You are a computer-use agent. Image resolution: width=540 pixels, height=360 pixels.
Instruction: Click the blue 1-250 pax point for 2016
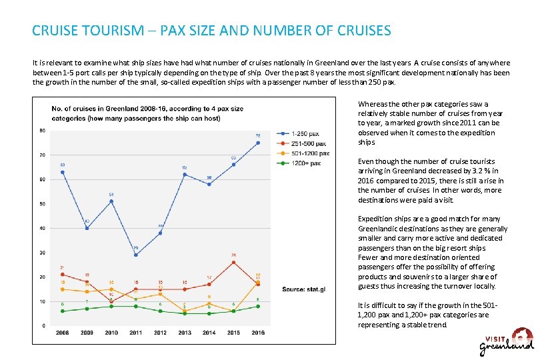coord(258,143)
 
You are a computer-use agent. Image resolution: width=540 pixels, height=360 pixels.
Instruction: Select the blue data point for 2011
coord(136,255)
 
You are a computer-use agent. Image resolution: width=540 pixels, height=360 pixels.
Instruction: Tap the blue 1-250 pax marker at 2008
coord(63,172)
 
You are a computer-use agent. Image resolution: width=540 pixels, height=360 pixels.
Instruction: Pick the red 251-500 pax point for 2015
coord(233,262)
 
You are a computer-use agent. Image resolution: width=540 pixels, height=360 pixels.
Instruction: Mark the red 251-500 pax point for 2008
coord(63,274)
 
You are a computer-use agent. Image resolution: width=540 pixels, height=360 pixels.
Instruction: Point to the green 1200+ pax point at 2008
coord(63,311)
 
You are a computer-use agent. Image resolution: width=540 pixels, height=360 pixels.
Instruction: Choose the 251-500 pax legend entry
coord(309,143)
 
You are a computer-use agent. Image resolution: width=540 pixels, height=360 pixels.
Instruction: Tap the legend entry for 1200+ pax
coord(307,163)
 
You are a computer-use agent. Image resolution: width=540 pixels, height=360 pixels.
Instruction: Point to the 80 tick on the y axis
coord(43,131)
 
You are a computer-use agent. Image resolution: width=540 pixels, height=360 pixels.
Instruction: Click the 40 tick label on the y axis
coord(43,228)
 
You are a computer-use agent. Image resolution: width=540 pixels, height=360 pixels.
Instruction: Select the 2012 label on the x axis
coord(160,332)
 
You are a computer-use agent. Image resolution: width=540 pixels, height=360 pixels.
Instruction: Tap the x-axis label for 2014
coord(209,332)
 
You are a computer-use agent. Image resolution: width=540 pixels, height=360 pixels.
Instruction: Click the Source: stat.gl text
coord(303,289)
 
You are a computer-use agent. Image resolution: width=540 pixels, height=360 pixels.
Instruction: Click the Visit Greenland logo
coord(507,341)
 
